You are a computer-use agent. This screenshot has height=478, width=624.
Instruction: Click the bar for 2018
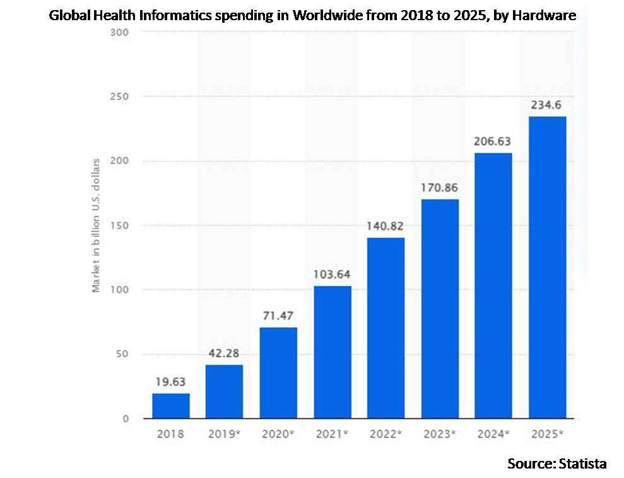coord(170,405)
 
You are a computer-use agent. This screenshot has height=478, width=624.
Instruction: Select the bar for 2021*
coord(332,352)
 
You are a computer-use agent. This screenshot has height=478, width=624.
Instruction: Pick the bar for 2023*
coord(440,309)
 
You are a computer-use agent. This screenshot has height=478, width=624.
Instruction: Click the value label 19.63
coord(170,381)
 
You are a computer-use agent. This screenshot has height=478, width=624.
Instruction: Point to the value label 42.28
coord(224,353)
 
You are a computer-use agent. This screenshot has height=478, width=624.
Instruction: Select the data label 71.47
coord(278,315)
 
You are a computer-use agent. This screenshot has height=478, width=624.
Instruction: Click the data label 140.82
coord(386,225)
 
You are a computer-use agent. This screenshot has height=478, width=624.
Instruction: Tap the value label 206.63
coord(493,141)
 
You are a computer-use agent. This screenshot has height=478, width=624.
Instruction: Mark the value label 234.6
coord(547,105)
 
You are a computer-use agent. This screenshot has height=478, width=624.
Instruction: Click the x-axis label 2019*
coord(224,435)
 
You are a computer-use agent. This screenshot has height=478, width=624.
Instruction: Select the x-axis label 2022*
coord(386,435)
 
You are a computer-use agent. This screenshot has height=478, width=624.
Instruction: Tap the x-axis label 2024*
coord(493,435)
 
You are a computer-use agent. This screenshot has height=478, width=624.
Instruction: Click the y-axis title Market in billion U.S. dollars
coord(97,225)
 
